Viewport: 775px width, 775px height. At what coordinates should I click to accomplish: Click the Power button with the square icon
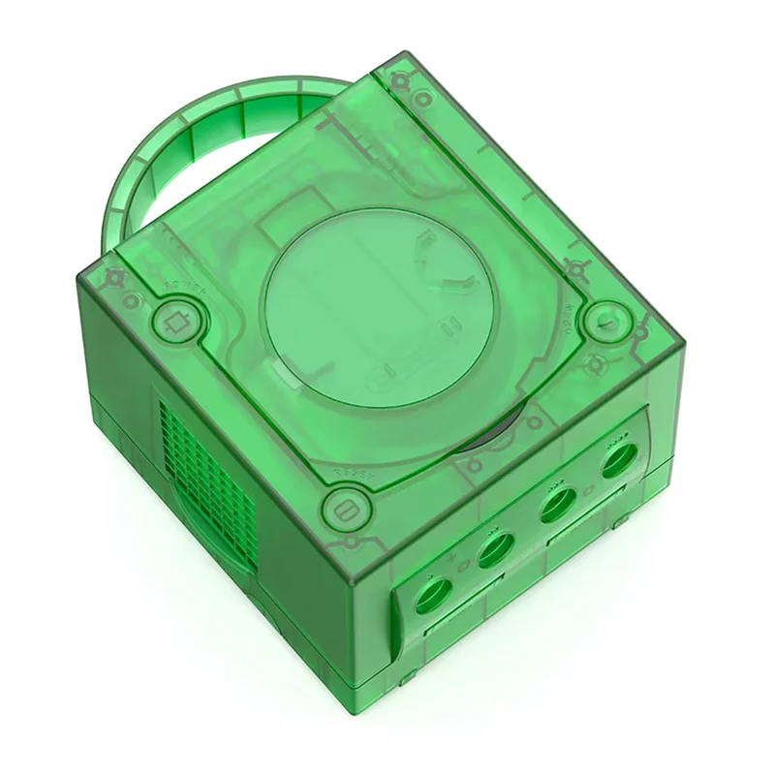tap(176, 322)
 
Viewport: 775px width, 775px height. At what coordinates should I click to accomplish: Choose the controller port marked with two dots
tap(495, 551)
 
